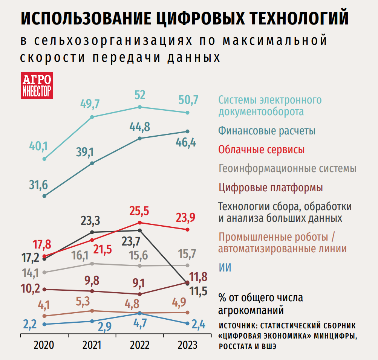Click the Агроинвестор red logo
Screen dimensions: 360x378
(x=37, y=85)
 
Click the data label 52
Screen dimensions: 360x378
(x=140, y=95)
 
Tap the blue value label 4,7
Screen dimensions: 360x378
(x=139, y=324)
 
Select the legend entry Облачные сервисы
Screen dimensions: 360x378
(x=262, y=149)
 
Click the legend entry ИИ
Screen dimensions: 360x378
(x=225, y=268)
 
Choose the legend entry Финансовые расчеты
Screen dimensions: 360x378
(x=267, y=131)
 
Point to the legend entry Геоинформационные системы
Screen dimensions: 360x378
(x=287, y=168)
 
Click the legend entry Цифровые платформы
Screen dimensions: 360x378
(x=271, y=187)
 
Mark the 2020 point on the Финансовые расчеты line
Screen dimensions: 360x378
(x=44, y=196)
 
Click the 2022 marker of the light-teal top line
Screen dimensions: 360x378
(x=140, y=107)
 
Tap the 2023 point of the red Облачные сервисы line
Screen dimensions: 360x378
(x=187, y=229)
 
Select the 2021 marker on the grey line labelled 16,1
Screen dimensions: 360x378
(x=92, y=264)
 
